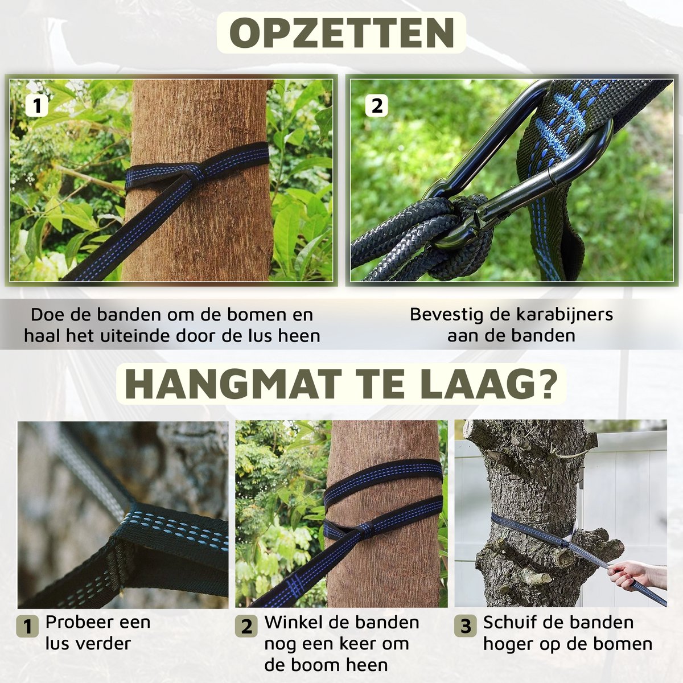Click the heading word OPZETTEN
click(341, 32)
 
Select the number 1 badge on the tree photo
click(37, 106)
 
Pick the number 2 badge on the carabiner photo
click(377, 106)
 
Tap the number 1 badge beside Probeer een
click(28, 626)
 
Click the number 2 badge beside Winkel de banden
click(246, 626)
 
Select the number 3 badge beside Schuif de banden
click(466, 626)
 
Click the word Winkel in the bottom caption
click(289, 622)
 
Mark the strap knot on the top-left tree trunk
click(193, 174)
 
